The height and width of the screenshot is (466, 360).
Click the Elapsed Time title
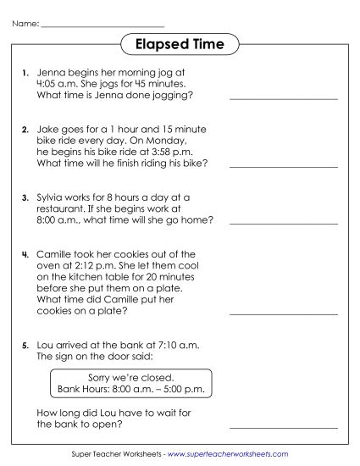click(179, 43)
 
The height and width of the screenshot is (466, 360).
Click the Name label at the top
click(25, 24)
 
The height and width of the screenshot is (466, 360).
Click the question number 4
click(25, 253)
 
